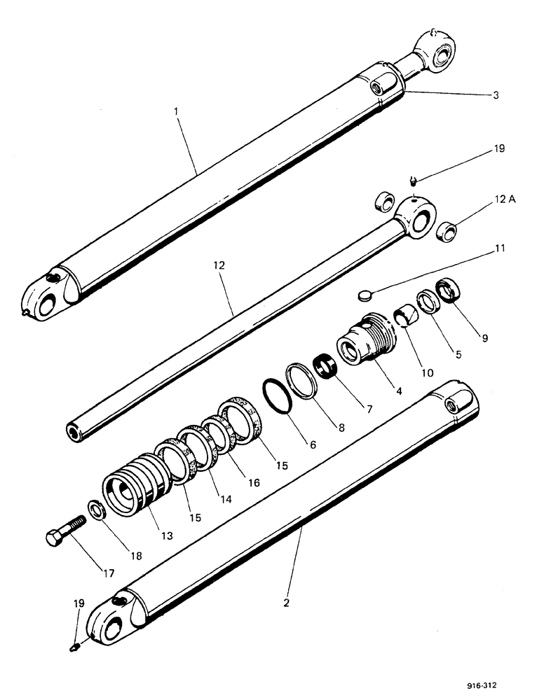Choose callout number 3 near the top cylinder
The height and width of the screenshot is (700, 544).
[495, 94]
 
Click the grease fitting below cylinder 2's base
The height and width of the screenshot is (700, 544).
[76, 648]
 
